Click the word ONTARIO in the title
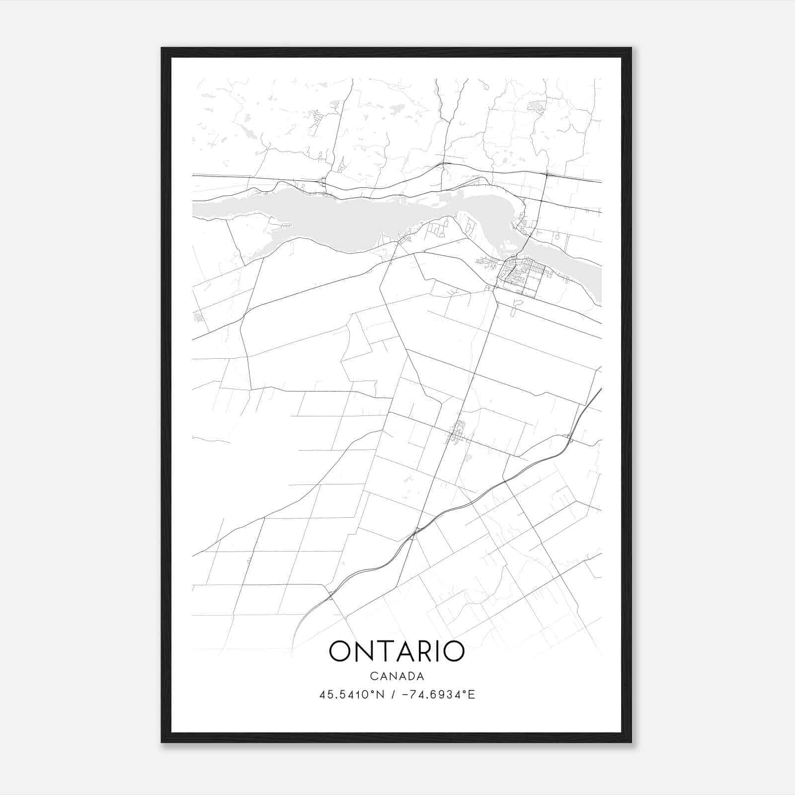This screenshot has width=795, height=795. coord(397,651)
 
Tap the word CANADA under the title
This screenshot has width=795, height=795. coord(397,676)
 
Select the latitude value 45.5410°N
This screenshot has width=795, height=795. coord(352,695)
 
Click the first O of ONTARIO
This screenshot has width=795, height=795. coord(340,651)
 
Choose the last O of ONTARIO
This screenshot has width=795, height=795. coord(453,651)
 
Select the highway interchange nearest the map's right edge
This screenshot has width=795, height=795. coord(569,438)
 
